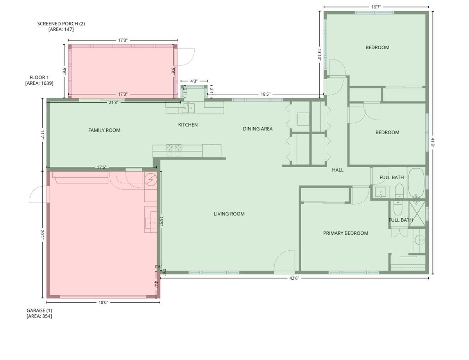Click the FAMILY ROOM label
tap(104, 130)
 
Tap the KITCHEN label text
tap(188, 125)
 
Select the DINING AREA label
tap(258, 129)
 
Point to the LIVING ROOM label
tap(229, 214)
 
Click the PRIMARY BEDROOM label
tap(345, 233)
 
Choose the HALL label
tap(338, 170)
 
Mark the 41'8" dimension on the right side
tap(432, 142)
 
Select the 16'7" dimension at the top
tap(376, 7)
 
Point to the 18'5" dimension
tap(265, 94)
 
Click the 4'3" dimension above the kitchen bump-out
tap(194, 81)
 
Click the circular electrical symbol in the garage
tap(150, 180)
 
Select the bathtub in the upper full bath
tap(417, 184)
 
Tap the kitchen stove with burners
tap(174, 148)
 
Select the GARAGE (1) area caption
tap(39, 313)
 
